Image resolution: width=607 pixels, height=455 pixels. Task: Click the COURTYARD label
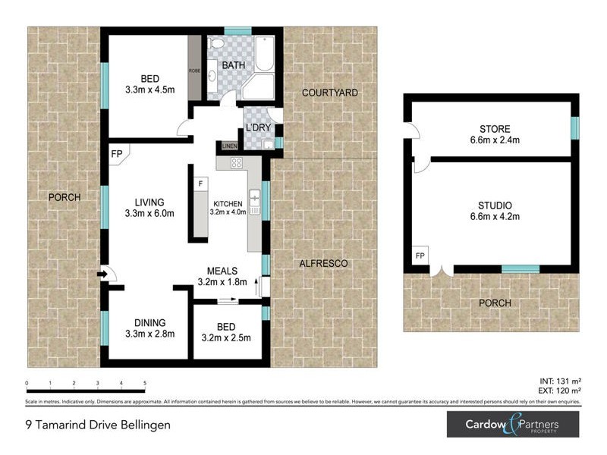[329, 93]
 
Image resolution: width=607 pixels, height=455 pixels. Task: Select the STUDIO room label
[495, 206]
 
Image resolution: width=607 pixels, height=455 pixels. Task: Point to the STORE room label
[495, 129]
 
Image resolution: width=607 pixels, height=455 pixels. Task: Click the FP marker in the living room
[117, 153]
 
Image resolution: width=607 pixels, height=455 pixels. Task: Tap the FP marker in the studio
[420, 256]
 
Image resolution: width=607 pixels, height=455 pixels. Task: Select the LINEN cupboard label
[229, 146]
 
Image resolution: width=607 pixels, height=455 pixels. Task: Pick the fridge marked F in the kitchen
[200, 184]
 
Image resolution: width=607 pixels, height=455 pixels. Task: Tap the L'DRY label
[257, 127]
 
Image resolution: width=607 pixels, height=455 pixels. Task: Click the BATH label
[233, 65]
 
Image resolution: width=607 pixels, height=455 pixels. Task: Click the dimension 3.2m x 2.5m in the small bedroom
[227, 338]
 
